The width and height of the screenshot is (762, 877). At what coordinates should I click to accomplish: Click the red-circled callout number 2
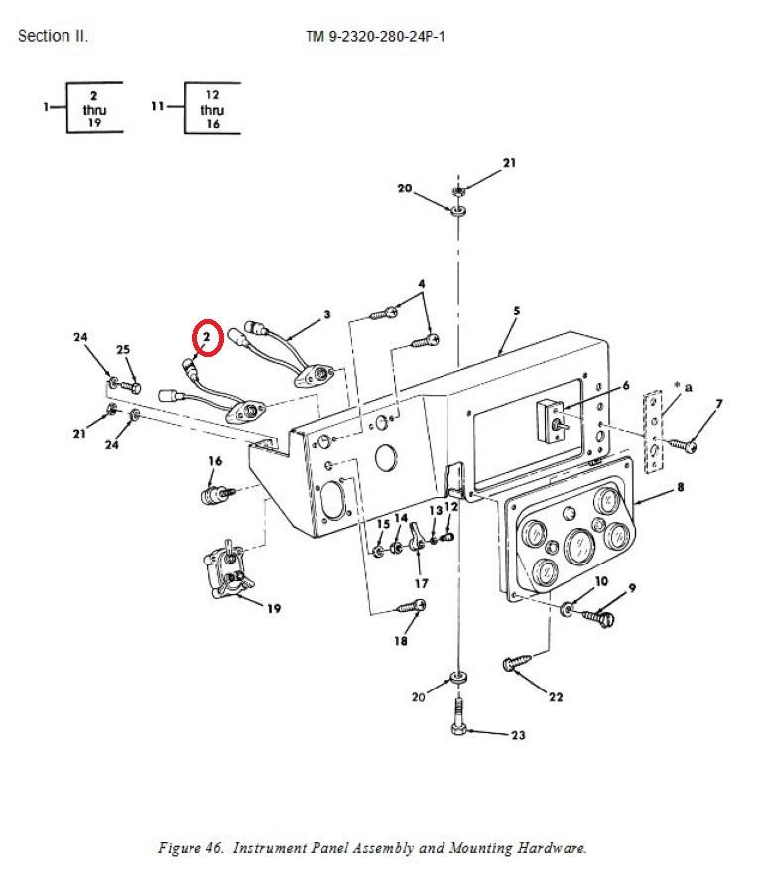pos(206,338)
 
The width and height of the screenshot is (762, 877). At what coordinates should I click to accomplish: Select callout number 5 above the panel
pos(516,311)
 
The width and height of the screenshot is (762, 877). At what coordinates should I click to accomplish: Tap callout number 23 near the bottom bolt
pos(518,735)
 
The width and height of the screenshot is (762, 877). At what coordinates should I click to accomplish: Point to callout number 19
pos(273,608)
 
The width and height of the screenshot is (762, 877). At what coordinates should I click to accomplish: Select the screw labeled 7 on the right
pos(685,446)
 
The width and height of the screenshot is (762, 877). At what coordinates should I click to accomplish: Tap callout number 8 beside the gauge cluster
pos(680,487)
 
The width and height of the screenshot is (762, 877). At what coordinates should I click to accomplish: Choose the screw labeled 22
pos(518,663)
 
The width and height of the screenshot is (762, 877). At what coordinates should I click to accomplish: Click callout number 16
pos(215,461)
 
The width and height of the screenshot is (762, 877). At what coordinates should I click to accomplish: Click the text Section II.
pos(53,37)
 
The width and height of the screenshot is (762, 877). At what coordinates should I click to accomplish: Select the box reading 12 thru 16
pos(212,109)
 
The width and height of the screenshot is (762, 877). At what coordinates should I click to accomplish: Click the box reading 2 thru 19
pos(94,109)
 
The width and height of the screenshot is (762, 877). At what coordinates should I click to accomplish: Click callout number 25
pos(123,349)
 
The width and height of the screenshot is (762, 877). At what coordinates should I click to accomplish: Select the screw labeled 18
pos(412,604)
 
